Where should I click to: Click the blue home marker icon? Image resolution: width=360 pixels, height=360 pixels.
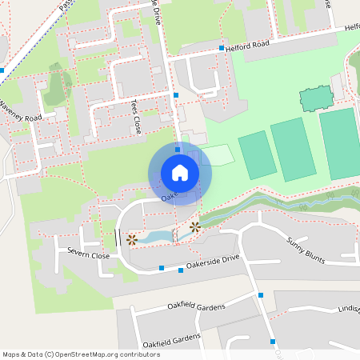pyautogui.click(x=179, y=172)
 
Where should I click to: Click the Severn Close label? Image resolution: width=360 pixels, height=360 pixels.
pyautogui.click(x=88, y=255)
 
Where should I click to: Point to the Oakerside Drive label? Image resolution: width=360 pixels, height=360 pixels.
pyautogui.click(x=213, y=263)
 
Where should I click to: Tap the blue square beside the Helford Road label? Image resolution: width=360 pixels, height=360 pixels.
pyautogui.click(x=222, y=49)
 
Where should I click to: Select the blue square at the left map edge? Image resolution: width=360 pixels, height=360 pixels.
pyautogui.click(x=2, y=70)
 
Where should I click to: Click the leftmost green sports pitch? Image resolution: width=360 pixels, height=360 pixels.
pyautogui.click(x=257, y=155)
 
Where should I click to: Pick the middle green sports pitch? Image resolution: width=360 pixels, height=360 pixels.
pyautogui.click(x=292, y=150)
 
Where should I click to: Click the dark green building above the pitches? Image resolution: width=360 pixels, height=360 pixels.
pyautogui.click(x=315, y=98)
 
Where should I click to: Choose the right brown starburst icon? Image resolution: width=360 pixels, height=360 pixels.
pyautogui.click(x=194, y=227)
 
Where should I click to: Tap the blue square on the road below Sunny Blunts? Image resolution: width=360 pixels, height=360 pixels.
pyautogui.click(x=261, y=296)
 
